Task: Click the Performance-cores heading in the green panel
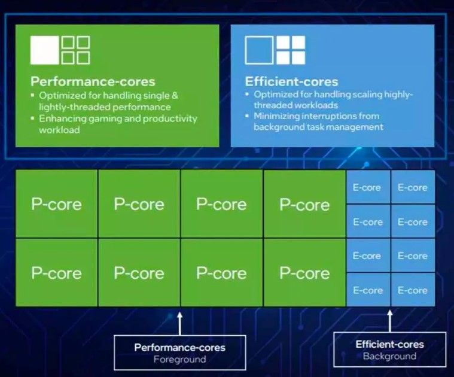click(93, 81)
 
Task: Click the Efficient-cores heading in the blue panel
click(291, 81)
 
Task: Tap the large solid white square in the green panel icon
click(45, 50)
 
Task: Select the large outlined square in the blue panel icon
click(259, 50)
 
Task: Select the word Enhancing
click(63, 118)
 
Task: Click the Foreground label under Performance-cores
click(179, 359)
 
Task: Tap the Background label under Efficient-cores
click(389, 356)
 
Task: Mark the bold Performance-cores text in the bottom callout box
click(179, 347)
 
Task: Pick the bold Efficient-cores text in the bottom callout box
click(389, 344)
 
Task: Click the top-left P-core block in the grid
click(56, 204)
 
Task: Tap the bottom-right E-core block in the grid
click(413, 290)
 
